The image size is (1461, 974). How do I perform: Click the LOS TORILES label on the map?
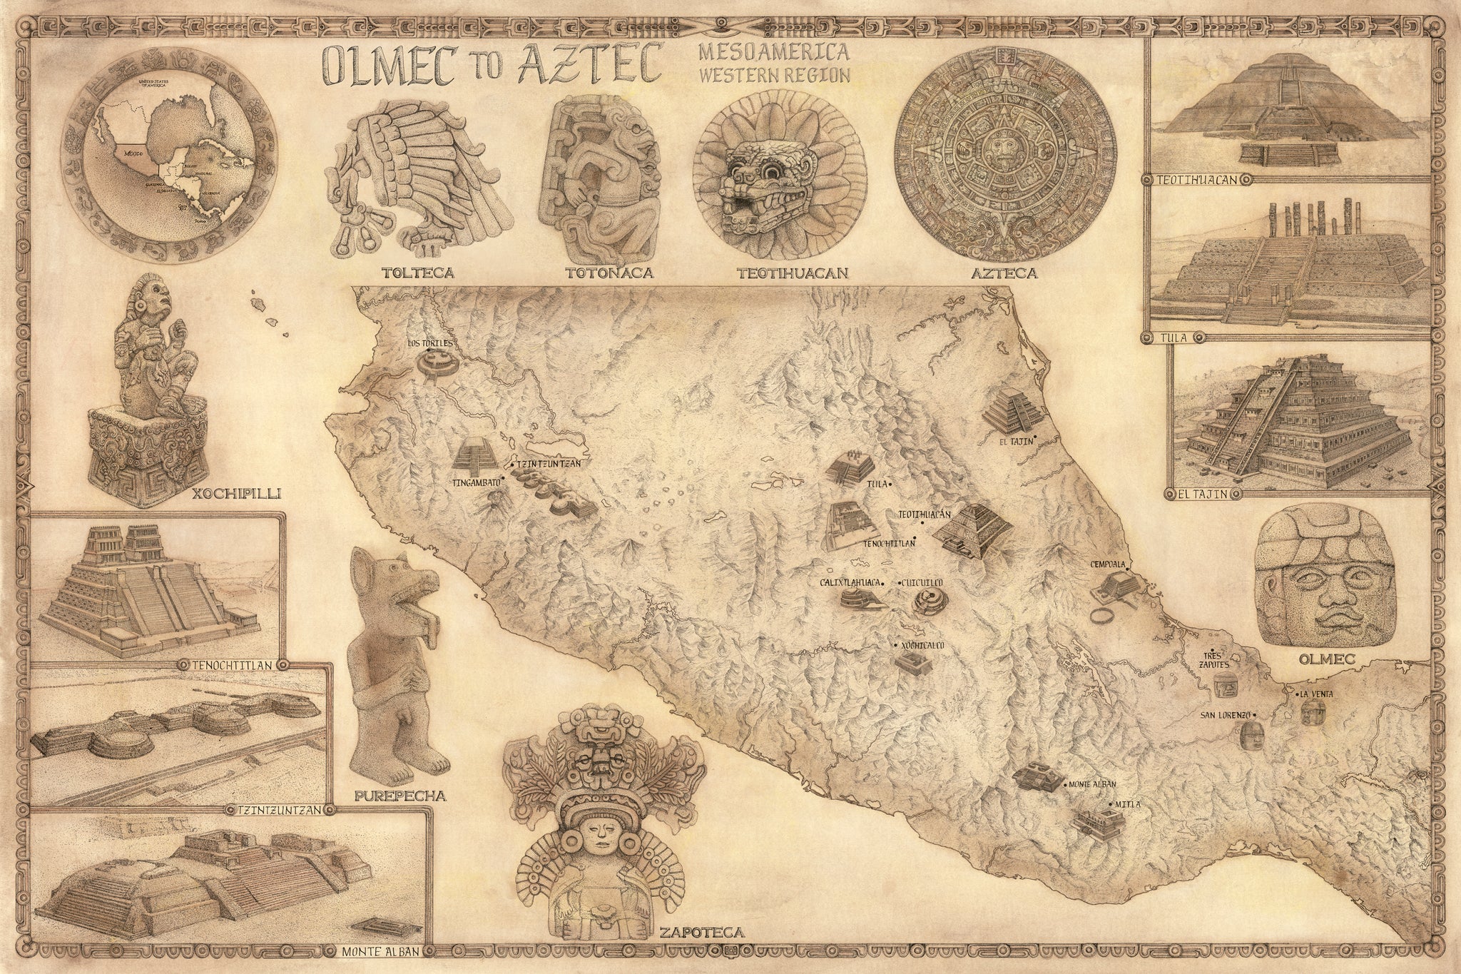[x=430, y=343]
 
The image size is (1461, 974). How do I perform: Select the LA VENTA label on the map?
[x=1316, y=694]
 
